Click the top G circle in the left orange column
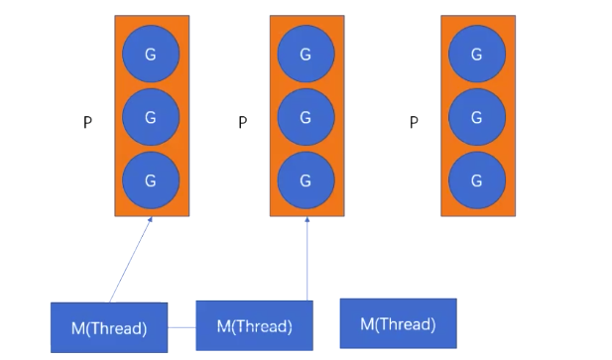[x=151, y=54]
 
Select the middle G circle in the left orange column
[x=151, y=117]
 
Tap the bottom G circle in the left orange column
[x=151, y=180]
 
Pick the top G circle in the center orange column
[x=306, y=54]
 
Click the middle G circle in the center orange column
[x=306, y=117]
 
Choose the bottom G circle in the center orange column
[x=306, y=180]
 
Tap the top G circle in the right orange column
[x=477, y=54]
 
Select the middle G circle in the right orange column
[x=477, y=117]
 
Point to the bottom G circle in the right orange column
[x=477, y=180]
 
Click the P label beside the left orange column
[x=88, y=122]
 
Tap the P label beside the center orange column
[x=243, y=122]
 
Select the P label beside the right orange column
[x=414, y=122]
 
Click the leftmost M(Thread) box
[x=109, y=327]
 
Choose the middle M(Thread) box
[x=255, y=325]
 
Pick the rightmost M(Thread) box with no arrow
[x=399, y=323]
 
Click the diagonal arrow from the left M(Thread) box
[x=131, y=260]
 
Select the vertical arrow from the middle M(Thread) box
[x=307, y=259]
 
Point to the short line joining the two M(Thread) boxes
[x=182, y=327]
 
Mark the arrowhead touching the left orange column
[x=150, y=219]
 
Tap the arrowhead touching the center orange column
[x=307, y=219]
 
